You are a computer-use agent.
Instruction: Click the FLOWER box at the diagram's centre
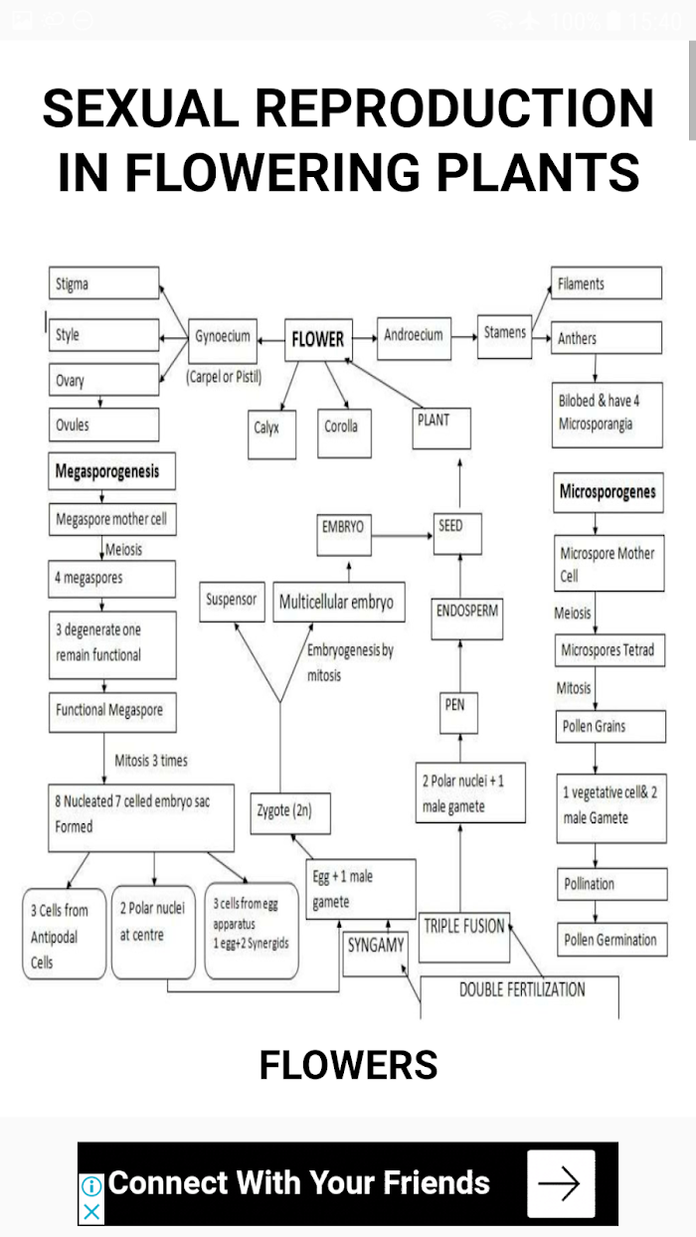click(x=319, y=340)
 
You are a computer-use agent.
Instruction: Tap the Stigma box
click(x=103, y=283)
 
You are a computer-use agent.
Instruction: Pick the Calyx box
click(x=271, y=435)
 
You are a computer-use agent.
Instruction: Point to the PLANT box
click(x=441, y=429)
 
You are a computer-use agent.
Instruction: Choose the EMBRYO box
click(x=344, y=535)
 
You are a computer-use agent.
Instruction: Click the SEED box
click(x=457, y=533)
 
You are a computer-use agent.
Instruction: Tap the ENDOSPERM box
click(x=466, y=618)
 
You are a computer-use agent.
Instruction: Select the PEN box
click(x=458, y=712)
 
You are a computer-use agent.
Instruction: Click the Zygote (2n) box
click(x=290, y=812)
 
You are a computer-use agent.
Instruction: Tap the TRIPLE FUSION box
click(x=464, y=937)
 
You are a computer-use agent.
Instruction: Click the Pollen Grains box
click(x=610, y=726)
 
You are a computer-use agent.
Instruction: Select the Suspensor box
click(x=232, y=602)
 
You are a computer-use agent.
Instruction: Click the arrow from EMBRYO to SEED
click(x=402, y=535)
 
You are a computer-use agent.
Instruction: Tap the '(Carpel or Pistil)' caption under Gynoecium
click(x=224, y=377)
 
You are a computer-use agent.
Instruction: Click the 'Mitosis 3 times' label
click(x=151, y=761)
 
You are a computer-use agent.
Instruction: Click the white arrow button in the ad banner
click(x=561, y=1183)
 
